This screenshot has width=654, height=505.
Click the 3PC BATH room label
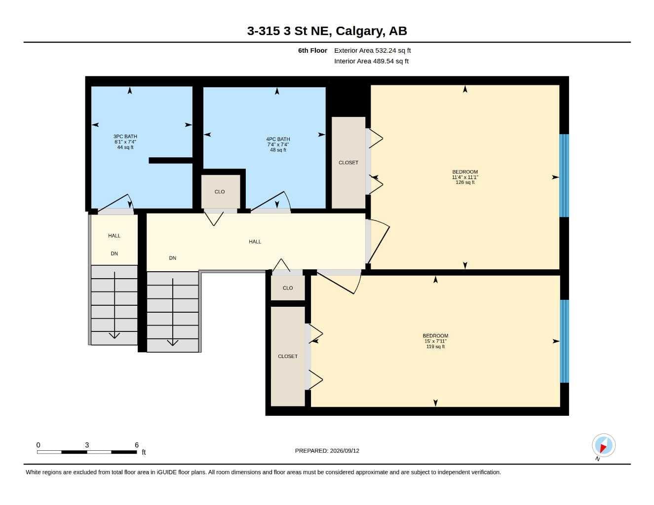pos(125,137)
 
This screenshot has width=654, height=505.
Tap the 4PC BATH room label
pos(278,139)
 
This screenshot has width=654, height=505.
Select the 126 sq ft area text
pos(465,182)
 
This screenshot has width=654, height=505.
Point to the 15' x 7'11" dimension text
pos(435,341)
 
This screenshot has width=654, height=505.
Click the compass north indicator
pos(604,445)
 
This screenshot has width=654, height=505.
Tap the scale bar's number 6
pos(137,445)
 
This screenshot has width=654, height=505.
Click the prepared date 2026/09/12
pos(345,451)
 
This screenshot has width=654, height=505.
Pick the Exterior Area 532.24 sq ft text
pos(372,50)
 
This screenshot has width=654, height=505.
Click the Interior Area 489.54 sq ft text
pos(371,61)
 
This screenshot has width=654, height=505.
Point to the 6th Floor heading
pos(312,50)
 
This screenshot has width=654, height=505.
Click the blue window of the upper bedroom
pos(564,176)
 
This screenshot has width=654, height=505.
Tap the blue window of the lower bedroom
pos(564,341)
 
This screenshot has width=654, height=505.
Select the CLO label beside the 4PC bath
pos(220,192)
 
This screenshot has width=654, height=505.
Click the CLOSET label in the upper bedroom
pos(348,163)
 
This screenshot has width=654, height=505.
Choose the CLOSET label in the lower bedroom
pos(287,356)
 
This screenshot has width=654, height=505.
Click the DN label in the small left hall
pos(114,253)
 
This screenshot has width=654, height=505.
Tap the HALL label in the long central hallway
pos(255,242)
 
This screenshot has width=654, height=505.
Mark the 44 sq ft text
pos(125,147)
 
